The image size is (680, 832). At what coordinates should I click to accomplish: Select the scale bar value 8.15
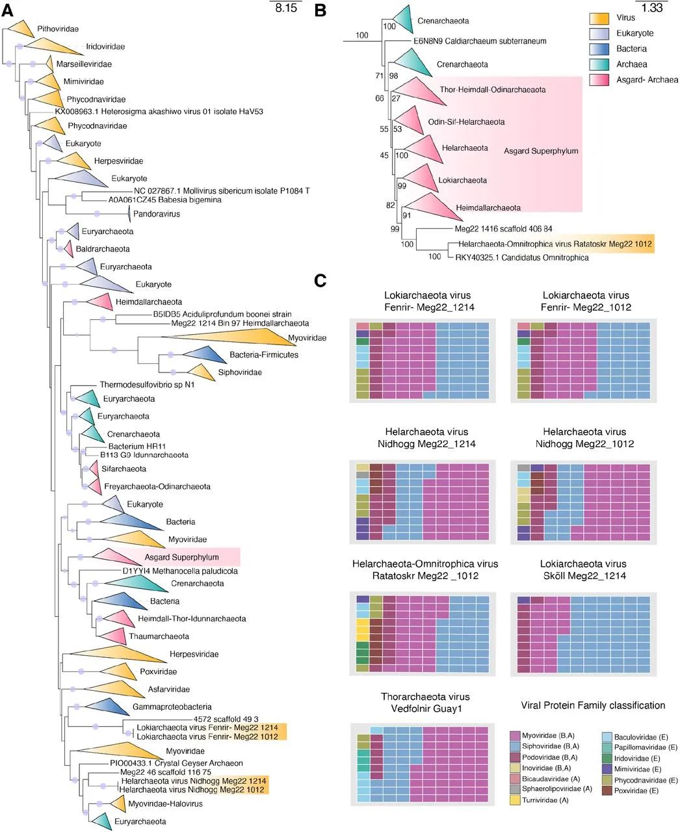(x=286, y=8)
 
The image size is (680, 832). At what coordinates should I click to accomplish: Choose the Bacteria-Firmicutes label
(x=263, y=355)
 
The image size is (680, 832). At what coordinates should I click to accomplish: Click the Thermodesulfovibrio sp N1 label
(x=147, y=385)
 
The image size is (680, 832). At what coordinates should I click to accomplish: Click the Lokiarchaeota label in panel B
(x=463, y=180)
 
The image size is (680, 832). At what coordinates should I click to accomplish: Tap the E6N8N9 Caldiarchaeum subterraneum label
(x=480, y=41)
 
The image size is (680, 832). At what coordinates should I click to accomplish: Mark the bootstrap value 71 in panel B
(x=380, y=77)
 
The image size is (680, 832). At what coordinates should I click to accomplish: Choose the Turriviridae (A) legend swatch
(x=516, y=800)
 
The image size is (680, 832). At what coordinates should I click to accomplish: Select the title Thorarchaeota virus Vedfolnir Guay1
(x=425, y=703)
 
